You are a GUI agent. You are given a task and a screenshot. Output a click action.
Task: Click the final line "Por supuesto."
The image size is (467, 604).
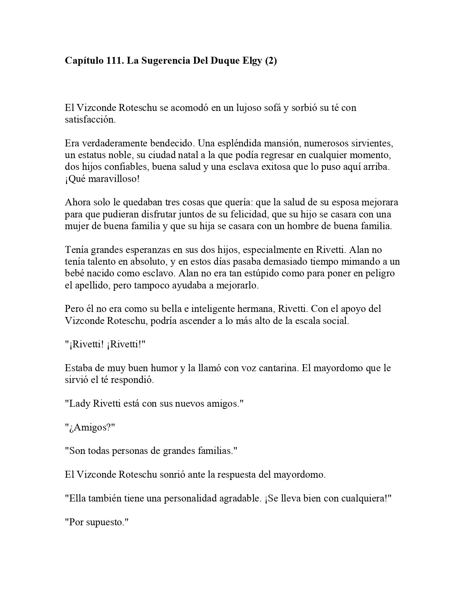coord(95,522)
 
